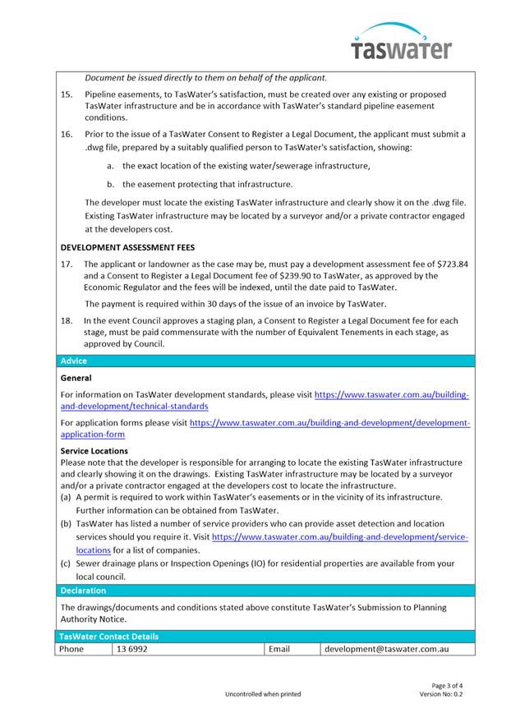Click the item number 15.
click(67, 95)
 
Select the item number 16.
click(67, 134)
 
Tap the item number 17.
click(67, 264)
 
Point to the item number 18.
click(67, 320)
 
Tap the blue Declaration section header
click(82, 590)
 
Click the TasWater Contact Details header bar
click(108, 636)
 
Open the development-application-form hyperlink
click(329, 428)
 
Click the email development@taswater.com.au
click(386, 649)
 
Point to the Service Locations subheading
click(94, 451)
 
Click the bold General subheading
click(76, 378)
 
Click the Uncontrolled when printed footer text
click(263, 694)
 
